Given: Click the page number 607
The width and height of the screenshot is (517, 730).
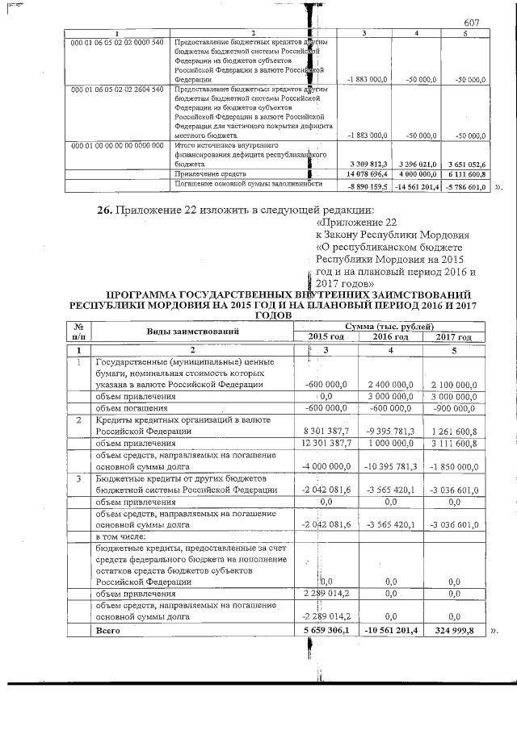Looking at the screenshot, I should [x=473, y=24].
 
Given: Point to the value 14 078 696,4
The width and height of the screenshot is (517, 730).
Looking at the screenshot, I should [x=367, y=173].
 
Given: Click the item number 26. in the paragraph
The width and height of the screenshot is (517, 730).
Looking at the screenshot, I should [x=105, y=211].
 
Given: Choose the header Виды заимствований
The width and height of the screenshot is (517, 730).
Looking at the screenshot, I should [x=193, y=332].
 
